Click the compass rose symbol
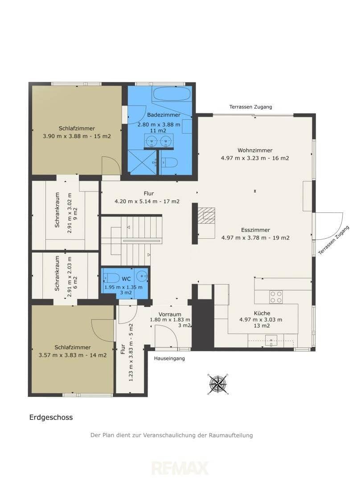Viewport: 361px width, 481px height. click(x=218, y=384)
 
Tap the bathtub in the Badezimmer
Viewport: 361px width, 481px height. click(x=172, y=94)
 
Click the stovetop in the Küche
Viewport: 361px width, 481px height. click(x=276, y=297)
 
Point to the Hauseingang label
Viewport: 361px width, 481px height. click(x=169, y=358)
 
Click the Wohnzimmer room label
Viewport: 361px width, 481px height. click(x=255, y=151)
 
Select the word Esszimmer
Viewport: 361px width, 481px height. click(x=255, y=230)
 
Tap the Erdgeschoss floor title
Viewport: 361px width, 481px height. click(x=51, y=417)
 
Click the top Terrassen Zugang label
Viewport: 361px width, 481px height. click(x=250, y=107)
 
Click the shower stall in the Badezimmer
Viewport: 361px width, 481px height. click(x=142, y=162)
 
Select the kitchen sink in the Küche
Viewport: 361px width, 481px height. click(x=271, y=341)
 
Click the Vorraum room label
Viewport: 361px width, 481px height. click(x=170, y=314)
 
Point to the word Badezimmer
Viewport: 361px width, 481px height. click(x=164, y=115)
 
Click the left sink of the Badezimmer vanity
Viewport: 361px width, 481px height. click(x=151, y=141)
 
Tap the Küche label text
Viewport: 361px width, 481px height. click(x=262, y=313)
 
